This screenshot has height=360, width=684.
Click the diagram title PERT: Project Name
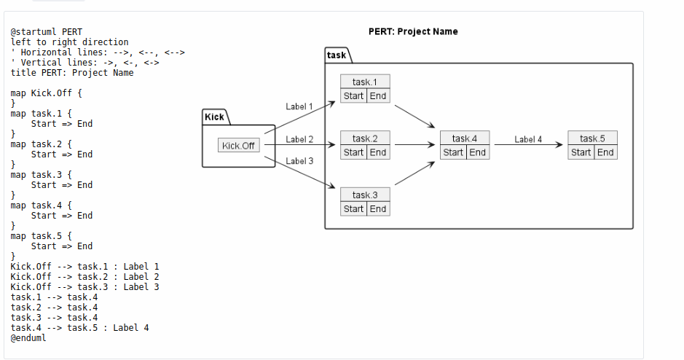413,31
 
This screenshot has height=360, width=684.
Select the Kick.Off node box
239,146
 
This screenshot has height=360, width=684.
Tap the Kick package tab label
214,117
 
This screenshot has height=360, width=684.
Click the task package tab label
337,55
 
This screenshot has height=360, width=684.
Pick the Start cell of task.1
353,96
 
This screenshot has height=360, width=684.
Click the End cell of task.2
378,152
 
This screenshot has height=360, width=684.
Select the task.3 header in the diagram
365,195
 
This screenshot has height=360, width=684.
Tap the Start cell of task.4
453,152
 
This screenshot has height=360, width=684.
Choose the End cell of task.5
605,152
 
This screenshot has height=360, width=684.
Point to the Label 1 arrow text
299,106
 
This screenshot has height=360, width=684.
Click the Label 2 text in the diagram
299,139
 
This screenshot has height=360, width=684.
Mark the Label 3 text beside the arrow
299,160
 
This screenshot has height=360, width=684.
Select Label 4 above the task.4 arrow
528,139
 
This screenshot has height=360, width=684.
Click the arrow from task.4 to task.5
528,145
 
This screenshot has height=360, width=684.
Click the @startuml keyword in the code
36,32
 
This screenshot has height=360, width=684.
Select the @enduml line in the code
28,338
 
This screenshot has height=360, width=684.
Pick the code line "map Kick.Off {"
47,93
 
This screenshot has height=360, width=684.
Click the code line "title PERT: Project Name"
72,73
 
